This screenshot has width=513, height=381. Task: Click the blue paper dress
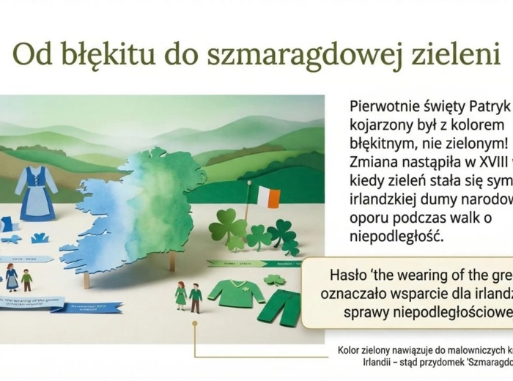(37, 192)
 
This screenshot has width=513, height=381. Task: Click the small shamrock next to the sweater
(274, 280)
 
